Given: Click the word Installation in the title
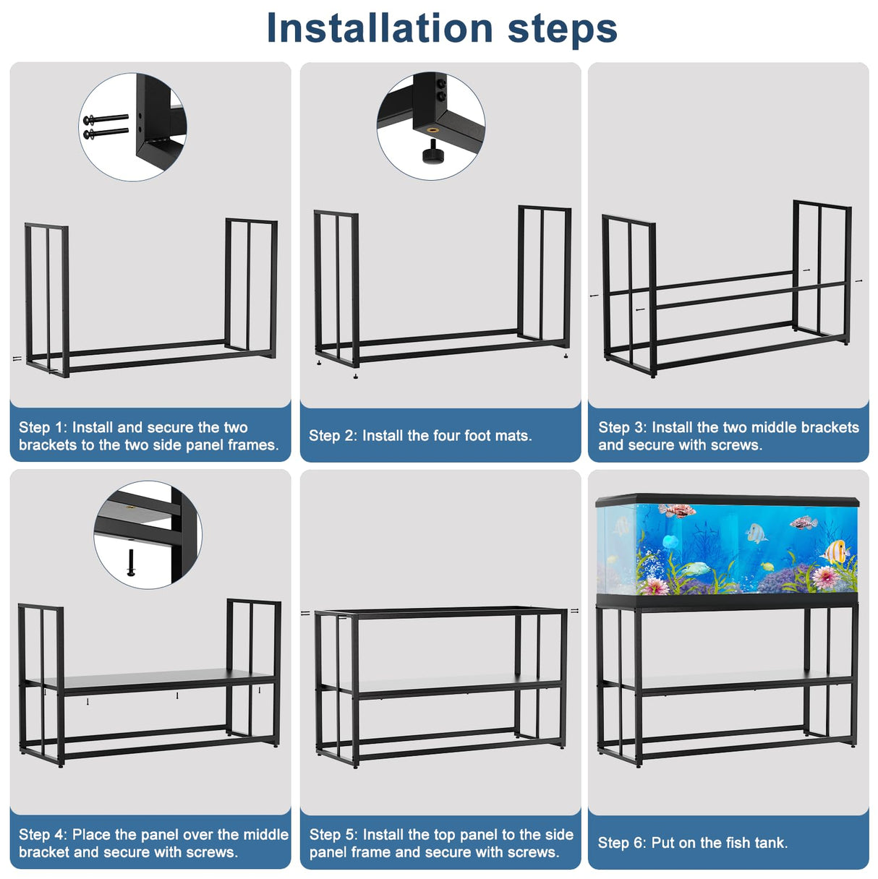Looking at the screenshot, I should (380, 29).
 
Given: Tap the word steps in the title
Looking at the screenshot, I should (563, 29).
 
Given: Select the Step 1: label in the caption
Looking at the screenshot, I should (43, 428).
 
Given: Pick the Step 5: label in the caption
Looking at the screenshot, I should (334, 835).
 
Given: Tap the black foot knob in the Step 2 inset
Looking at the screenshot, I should (433, 153).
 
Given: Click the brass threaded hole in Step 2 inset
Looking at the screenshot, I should (432, 131).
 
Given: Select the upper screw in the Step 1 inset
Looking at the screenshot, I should (106, 119).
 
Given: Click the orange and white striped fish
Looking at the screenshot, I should (837, 553).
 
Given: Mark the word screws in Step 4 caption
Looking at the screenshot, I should (211, 852).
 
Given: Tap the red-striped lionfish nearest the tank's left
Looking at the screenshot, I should (678, 512).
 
